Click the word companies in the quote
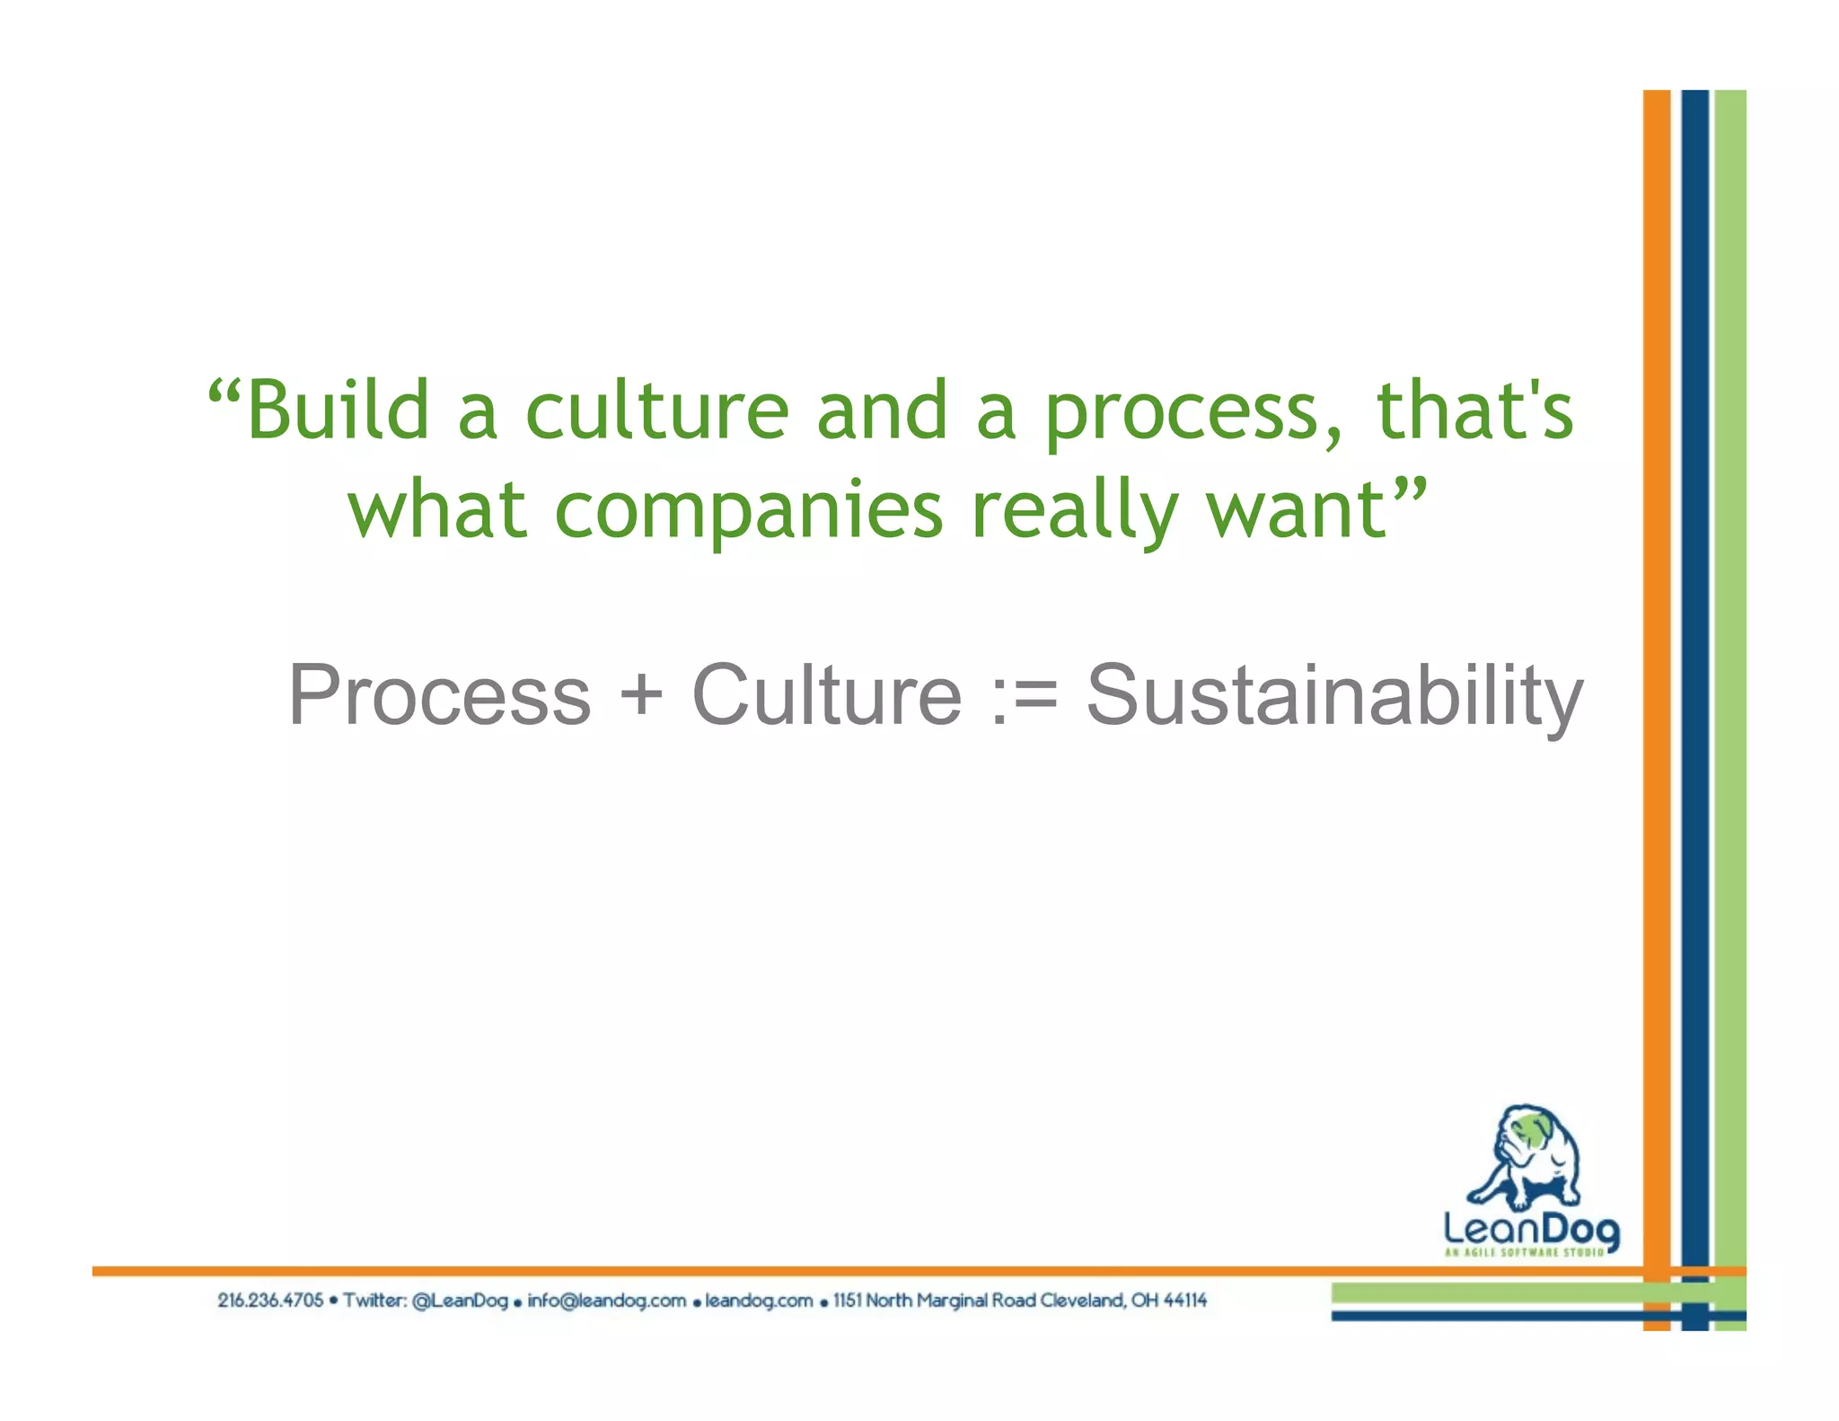point(749,510)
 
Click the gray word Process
point(440,695)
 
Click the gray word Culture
point(826,695)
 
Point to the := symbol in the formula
point(1025,695)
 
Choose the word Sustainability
point(1334,695)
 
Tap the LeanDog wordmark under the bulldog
point(1532,1228)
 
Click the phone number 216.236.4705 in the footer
point(269,1301)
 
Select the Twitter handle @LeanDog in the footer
point(460,1301)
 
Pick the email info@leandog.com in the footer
point(606,1301)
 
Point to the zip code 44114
point(1184,1301)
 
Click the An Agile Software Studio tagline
point(1525,1252)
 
